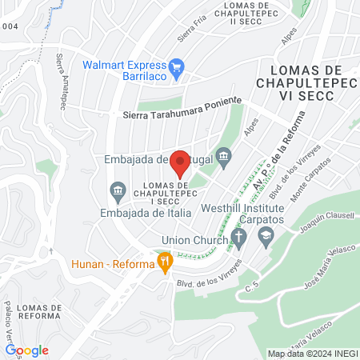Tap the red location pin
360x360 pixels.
tap(181, 162)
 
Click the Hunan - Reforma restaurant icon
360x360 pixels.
tap(165, 260)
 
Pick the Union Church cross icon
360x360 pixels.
tap(237, 238)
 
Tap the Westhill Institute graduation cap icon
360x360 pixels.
tap(266, 236)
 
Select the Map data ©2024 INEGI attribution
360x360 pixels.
tap(311, 354)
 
